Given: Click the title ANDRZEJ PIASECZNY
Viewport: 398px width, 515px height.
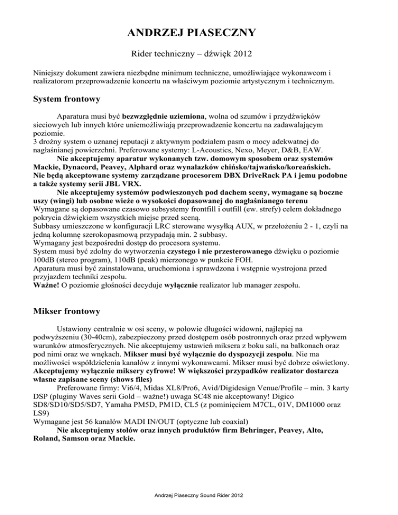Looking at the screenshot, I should pyautogui.click(x=198, y=34).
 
